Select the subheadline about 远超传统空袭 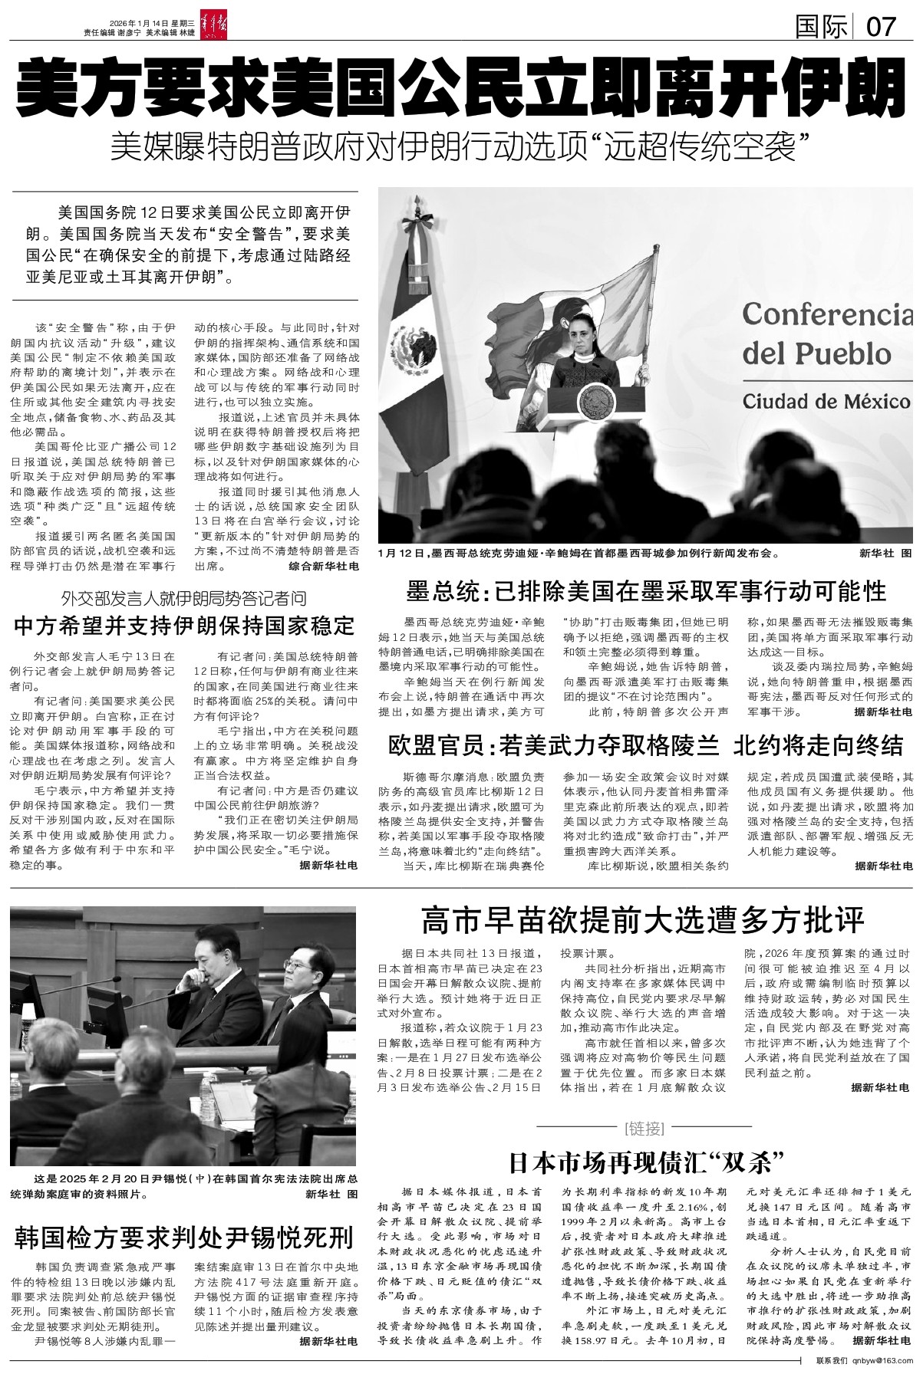461,146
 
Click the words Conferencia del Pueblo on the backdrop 827,334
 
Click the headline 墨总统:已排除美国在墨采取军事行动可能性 646,591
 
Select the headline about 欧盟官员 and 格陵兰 646,745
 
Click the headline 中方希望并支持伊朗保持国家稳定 184,625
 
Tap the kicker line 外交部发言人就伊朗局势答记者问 184,598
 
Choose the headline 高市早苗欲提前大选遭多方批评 643,918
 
